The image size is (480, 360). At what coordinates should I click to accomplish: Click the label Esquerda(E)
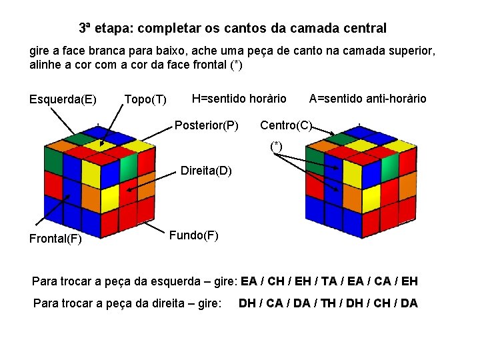coord(63,100)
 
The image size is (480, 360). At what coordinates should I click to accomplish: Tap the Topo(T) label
coord(145,100)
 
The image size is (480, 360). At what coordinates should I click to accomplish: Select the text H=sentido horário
coord(239,99)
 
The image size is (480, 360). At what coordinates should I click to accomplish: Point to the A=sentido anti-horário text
coord(367,99)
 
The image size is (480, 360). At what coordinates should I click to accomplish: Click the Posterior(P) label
coord(207,125)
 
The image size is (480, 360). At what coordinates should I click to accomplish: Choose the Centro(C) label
coord(285,125)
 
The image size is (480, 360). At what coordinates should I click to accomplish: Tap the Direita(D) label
coord(206,171)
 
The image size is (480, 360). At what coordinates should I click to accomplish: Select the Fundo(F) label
coord(193,235)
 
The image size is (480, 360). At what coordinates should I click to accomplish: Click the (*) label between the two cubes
coord(276,146)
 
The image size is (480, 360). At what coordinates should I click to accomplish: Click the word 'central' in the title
coord(364,29)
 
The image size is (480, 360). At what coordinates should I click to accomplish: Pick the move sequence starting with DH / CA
coord(328,303)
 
